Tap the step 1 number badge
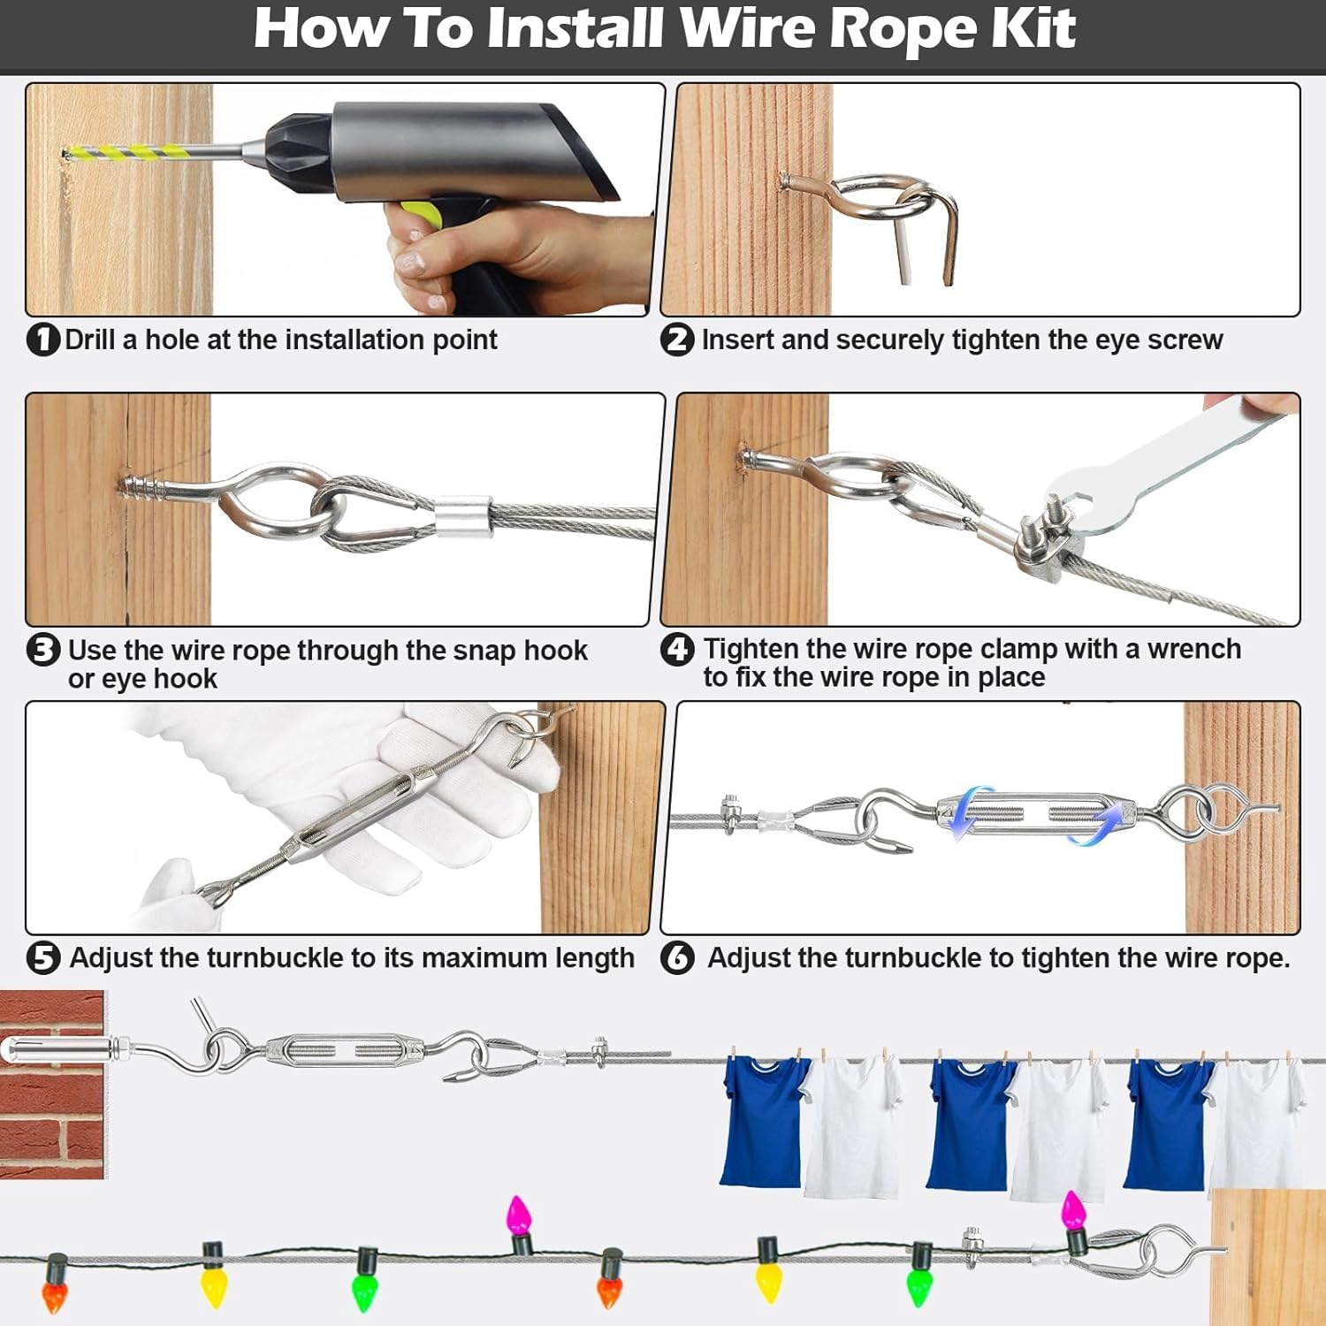pos(42,339)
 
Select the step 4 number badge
pos(677,650)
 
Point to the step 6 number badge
pos(677,957)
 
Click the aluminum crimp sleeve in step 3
pos(461,516)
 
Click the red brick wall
pos(51,1123)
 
